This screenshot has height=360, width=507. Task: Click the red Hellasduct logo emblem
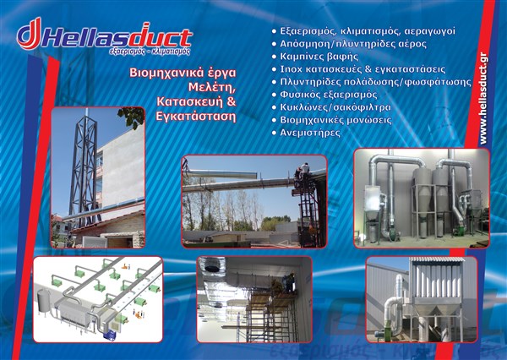click(x=30, y=34)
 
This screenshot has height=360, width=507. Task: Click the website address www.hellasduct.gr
click(x=483, y=98)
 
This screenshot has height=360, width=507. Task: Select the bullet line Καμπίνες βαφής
click(x=315, y=57)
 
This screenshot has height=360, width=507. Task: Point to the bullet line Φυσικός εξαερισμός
click(x=324, y=95)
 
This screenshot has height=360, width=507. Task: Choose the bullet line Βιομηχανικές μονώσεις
click(x=331, y=120)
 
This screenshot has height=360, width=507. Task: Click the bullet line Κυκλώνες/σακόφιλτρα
click(x=331, y=107)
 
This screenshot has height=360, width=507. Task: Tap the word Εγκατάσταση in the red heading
click(x=196, y=116)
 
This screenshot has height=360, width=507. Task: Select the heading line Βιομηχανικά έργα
click(x=183, y=73)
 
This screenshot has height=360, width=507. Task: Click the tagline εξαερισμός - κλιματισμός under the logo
click(x=150, y=52)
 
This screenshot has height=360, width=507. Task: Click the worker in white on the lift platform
click(x=304, y=171)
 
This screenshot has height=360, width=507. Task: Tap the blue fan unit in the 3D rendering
click(x=110, y=335)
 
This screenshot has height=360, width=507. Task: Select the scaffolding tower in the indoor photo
click(x=271, y=317)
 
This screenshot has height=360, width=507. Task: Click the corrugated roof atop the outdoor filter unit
click(x=437, y=259)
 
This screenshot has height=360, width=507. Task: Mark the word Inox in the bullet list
click(x=292, y=69)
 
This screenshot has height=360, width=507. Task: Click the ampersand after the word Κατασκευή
click(x=232, y=101)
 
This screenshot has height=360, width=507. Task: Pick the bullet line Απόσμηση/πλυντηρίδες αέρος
click(x=349, y=44)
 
